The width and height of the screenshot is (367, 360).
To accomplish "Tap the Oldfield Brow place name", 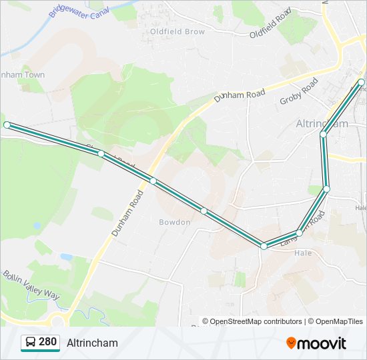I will point(177,31).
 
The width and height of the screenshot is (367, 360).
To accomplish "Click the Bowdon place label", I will point(174,222).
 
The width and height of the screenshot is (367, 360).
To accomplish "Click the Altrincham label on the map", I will point(322,124).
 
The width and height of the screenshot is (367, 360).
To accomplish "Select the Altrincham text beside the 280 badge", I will point(92,343).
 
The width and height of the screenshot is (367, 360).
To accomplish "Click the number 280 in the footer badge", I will point(48,342).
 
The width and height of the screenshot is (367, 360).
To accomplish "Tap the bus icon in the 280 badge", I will point(31,343).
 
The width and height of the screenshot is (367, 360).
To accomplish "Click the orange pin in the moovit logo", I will point(292,343).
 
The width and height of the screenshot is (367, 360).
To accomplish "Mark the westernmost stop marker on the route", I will point(7,125).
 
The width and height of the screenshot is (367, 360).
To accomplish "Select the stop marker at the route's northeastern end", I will point(361,82).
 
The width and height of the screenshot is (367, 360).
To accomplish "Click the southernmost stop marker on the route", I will point(264,247).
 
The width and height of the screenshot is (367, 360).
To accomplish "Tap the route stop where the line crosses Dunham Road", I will point(153,181).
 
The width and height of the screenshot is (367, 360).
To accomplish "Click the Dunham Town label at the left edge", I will point(24,75).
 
